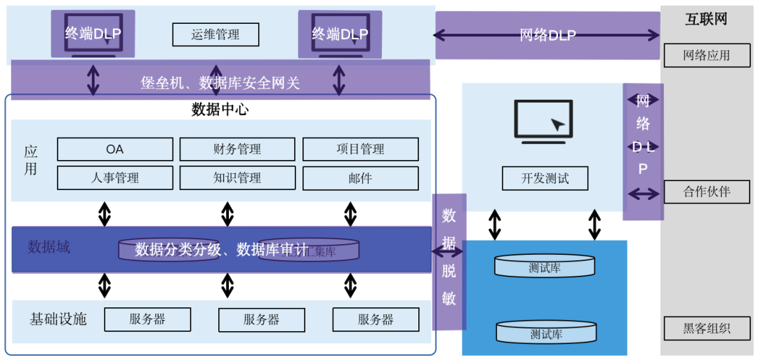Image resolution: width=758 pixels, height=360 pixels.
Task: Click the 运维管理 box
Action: pyautogui.click(x=215, y=34)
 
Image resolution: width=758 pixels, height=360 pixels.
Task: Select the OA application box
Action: pyautogui.click(x=115, y=149)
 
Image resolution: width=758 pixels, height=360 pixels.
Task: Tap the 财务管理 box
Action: pyautogui.click(x=237, y=149)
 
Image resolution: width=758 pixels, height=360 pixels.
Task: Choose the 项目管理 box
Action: pyautogui.click(x=360, y=149)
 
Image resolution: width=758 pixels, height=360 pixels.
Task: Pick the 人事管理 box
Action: pyautogui.click(x=115, y=178)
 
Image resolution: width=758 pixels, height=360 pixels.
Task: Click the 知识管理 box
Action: pyautogui.click(x=237, y=178)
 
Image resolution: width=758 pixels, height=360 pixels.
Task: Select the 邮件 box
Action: pyautogui.click(x=360, y=178)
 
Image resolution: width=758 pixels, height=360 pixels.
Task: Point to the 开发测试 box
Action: pyautogui.click(x=545, y=178)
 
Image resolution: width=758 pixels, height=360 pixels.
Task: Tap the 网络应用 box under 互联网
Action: pyautogui.click(x=707, y=55)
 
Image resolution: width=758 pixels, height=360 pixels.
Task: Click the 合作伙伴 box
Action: pyautogui.click(x=707, y=192)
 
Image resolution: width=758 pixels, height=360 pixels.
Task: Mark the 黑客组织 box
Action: pyautogui.click(x=707, y=328)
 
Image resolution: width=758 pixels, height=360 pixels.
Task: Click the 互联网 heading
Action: pyautogui.click(x=706, y=19)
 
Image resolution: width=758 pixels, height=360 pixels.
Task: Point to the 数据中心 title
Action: pyautogui.click(x=220, y=109)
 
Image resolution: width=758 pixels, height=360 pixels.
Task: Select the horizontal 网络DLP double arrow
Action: pyautogui.click(x=547, y=35)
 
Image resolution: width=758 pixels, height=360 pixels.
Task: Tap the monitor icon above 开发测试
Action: pyautogui.click(x=543, y=121)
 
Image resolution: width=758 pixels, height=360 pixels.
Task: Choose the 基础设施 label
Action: pyautogui.click(x=58, y=319)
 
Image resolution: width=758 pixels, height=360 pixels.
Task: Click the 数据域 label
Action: pyautogui.click(x=49, y=247)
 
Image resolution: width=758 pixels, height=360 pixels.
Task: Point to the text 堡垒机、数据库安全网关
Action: pyautogui.click(x=220, y=84)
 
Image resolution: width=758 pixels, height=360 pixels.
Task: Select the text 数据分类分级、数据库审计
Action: pyautogui.click(x=221, y=250)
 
